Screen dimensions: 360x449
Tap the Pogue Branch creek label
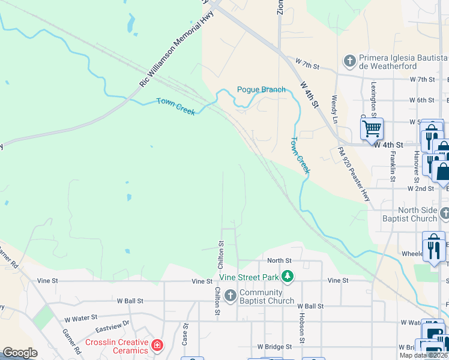click(261, 89)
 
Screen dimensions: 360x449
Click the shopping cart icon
click(372, 128)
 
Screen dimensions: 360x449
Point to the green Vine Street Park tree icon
click(288, 277)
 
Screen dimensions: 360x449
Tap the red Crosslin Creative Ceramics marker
click(157, 346)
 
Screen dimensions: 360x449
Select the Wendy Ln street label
click(335, 106)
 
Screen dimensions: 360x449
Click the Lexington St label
click(373, 99)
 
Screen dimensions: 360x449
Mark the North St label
click(279, 260)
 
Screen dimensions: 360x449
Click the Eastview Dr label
click(112, 326)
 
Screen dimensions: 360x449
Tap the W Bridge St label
click(274, 347)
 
